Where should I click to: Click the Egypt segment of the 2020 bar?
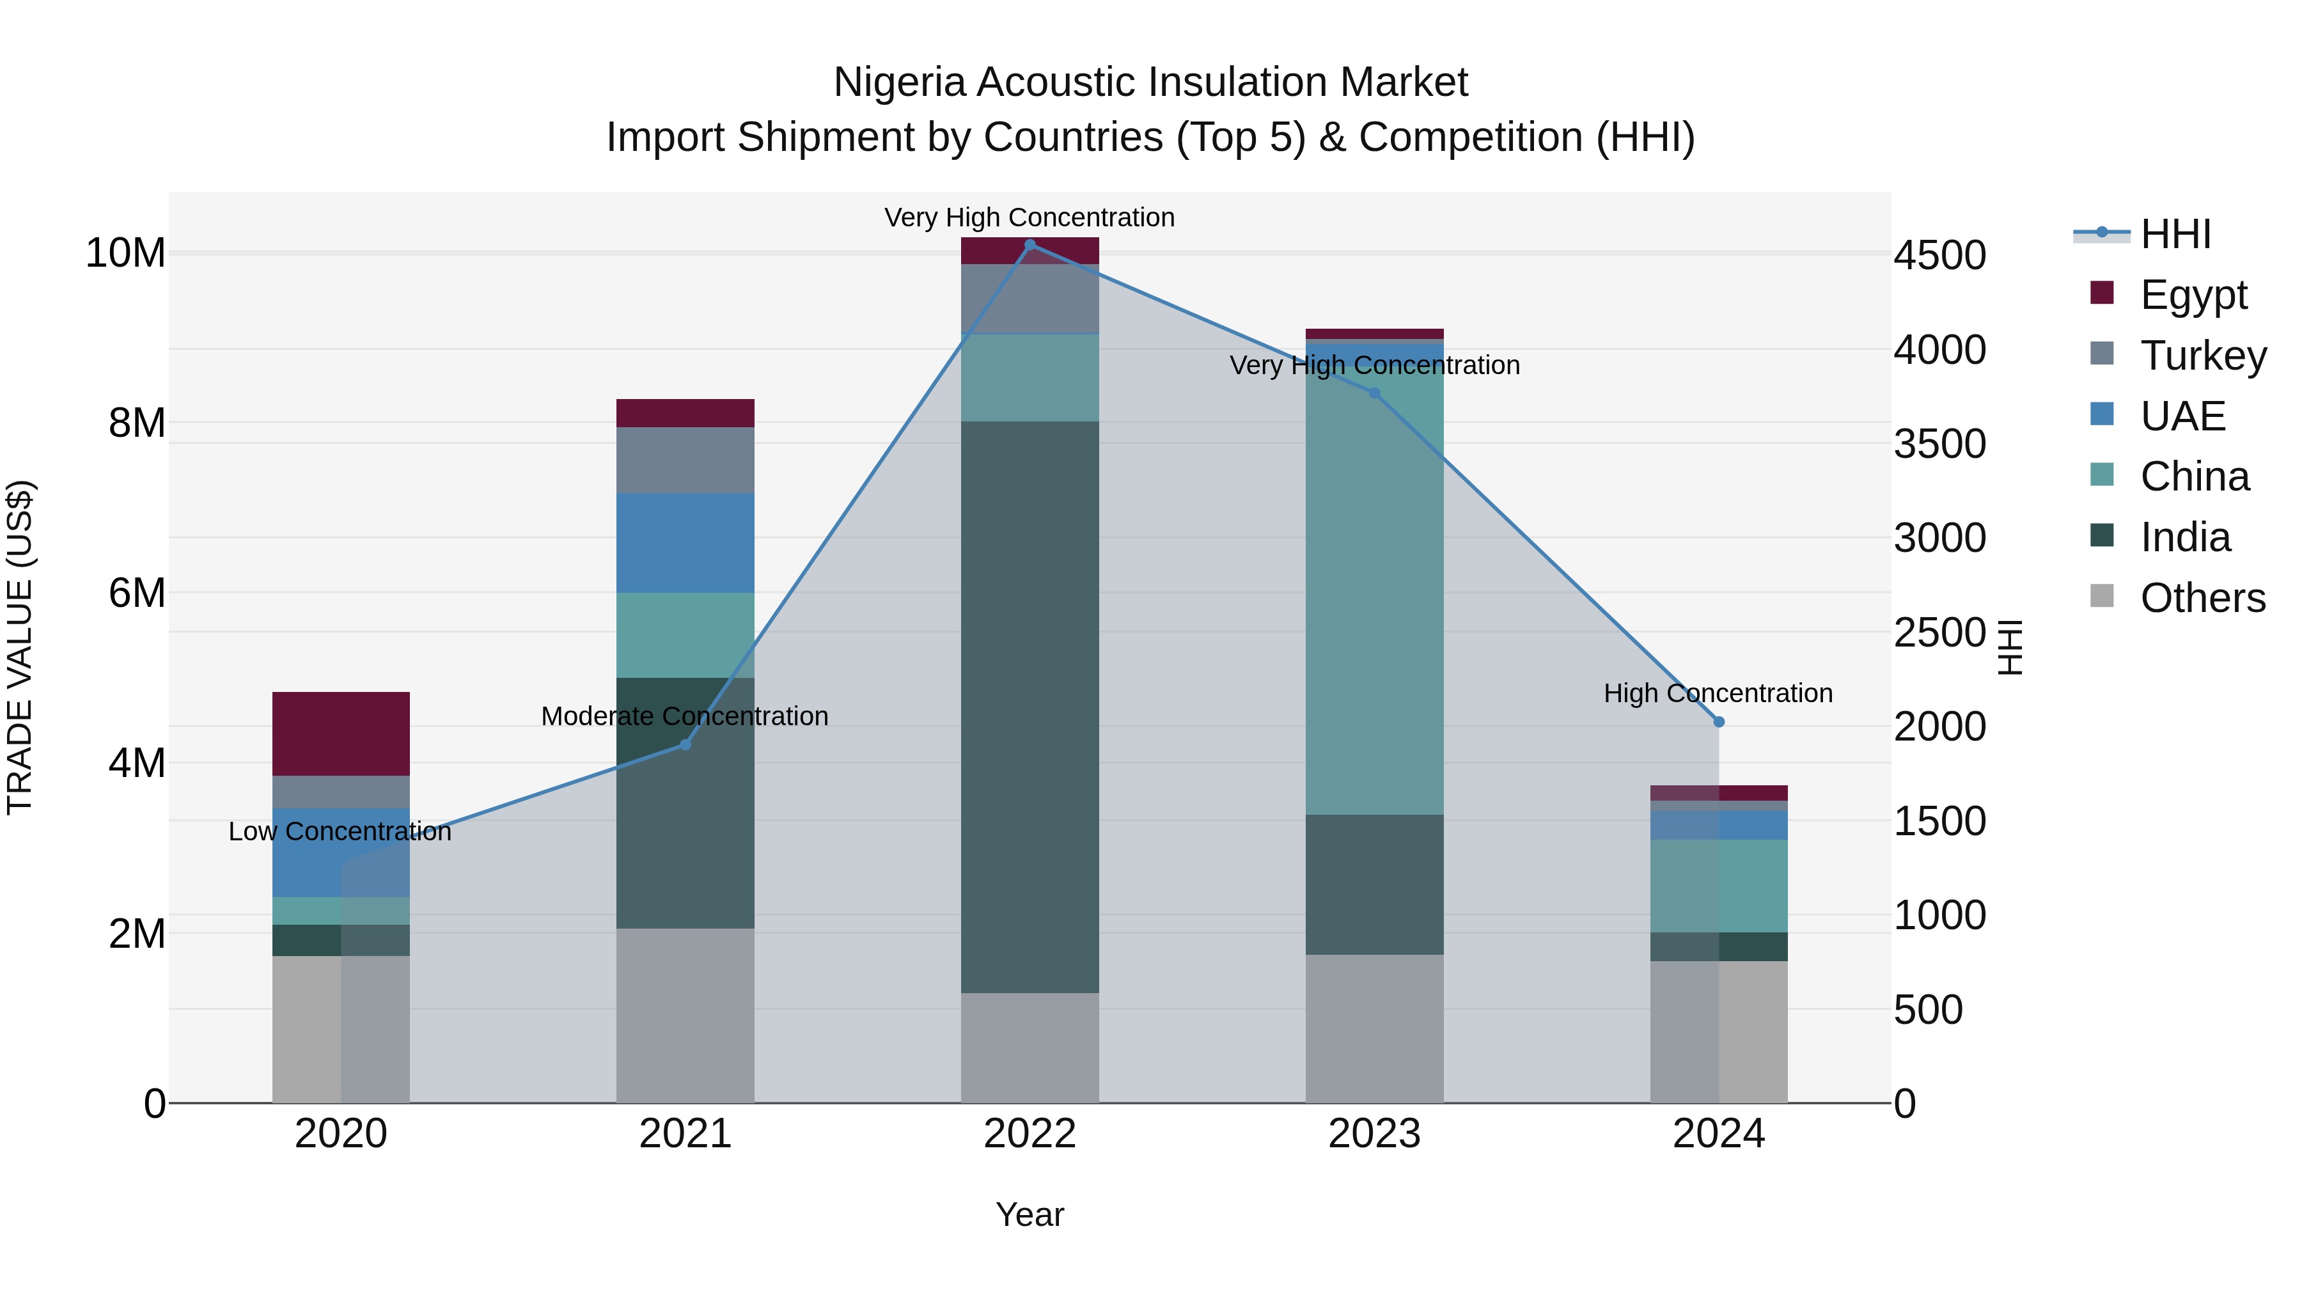(340, 733)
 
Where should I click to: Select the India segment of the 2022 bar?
(1030, 706)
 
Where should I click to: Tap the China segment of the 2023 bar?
(1374, 590)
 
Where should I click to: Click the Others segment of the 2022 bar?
(1030, 1048)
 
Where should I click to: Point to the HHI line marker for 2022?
(1030, 245)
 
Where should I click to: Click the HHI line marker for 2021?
(685, 744)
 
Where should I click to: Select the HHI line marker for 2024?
(1718, 721)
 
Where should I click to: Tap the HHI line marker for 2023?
(1374, 393)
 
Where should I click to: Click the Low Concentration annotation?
(340, 831)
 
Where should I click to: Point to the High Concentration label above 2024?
(1718, 693)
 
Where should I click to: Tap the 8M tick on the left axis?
(137, 423)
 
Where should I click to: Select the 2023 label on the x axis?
(1374, 1133)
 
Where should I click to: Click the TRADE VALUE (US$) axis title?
(20, 647)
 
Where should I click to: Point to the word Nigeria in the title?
(899, 82)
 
